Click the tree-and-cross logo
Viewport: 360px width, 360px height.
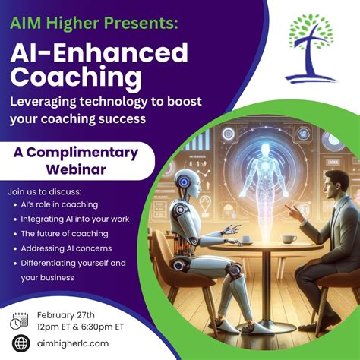(x=311, y=48)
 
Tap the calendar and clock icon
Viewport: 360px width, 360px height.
(x=19, y=321)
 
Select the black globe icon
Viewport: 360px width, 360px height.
(x=21, y=343)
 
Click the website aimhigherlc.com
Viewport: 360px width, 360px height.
(x=73, y=343)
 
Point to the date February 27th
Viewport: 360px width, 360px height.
(x=66, y=315)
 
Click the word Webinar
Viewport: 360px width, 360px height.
(x=76, y=169)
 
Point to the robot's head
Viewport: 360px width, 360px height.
(x=188, y=184)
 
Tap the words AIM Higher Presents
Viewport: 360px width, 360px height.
(x=94, y=22)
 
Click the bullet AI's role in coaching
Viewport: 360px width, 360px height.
(x=59, y=204)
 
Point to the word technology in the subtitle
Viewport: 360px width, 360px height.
(x=113, y=102)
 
